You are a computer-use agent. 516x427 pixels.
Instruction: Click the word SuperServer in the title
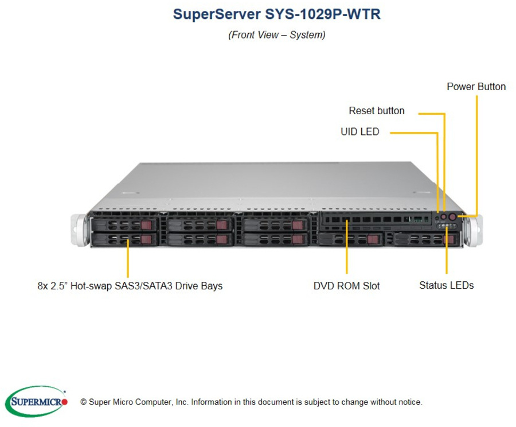coord(217,14)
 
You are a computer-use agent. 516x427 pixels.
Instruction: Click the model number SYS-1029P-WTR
coord(323,14)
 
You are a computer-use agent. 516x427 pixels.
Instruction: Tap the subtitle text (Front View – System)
coord(277,35)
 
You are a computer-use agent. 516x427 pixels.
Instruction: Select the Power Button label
coord(476,87)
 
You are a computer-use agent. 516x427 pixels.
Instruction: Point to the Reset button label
coord(377,111)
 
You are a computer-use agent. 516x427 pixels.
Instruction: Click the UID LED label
coord(360,132)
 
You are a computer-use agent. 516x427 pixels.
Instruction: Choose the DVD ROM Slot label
coord(346,286)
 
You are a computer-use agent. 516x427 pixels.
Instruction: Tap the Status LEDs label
coord(447,285)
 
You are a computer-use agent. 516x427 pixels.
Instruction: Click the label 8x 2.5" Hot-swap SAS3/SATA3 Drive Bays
coord(130,286)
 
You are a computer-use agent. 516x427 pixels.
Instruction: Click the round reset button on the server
coord(444,217)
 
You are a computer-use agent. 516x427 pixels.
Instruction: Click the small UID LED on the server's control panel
coord(437,218)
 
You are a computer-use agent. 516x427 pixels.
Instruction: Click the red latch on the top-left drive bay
coord(146,226)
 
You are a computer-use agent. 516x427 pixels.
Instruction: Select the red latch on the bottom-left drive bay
coord(146,239)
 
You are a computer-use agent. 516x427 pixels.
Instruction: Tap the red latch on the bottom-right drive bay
coord(448,239)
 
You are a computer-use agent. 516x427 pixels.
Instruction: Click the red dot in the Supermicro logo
coord(64,402)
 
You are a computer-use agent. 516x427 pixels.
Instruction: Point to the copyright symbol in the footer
coord(84,402)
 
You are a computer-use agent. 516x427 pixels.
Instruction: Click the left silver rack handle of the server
coord(79,230)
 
